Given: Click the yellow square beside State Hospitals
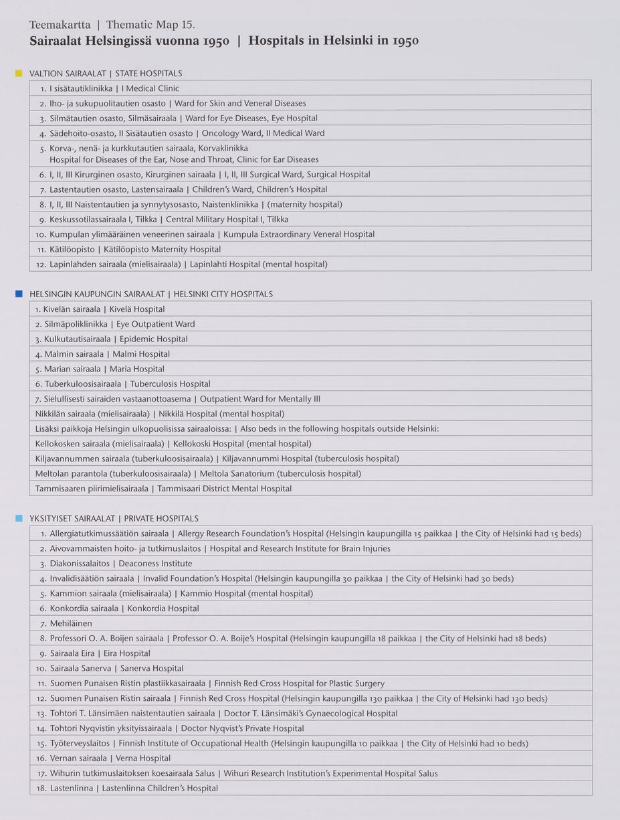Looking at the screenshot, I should [x=19, y=73].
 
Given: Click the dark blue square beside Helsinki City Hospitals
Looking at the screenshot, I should [x=19, y=293].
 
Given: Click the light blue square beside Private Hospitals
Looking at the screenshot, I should [x=19, y=518].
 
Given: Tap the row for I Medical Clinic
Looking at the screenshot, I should [x=114, y=88].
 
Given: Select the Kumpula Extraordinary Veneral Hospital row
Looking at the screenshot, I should [x=211, y=234].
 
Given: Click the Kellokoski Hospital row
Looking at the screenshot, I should [x=173, y=444].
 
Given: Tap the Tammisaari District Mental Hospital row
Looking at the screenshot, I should [x=163, y=489].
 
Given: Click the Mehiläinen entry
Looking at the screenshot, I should [x=71, y=623].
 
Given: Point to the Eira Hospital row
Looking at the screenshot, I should [x=100, y=653].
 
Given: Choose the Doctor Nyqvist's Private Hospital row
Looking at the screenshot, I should [x=177, y=728].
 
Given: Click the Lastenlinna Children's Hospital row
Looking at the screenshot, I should [x=134, y=789].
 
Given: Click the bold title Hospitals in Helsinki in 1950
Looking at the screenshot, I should [x=334, y=41].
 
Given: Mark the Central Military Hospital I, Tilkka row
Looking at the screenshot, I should [x=169, y=220].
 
